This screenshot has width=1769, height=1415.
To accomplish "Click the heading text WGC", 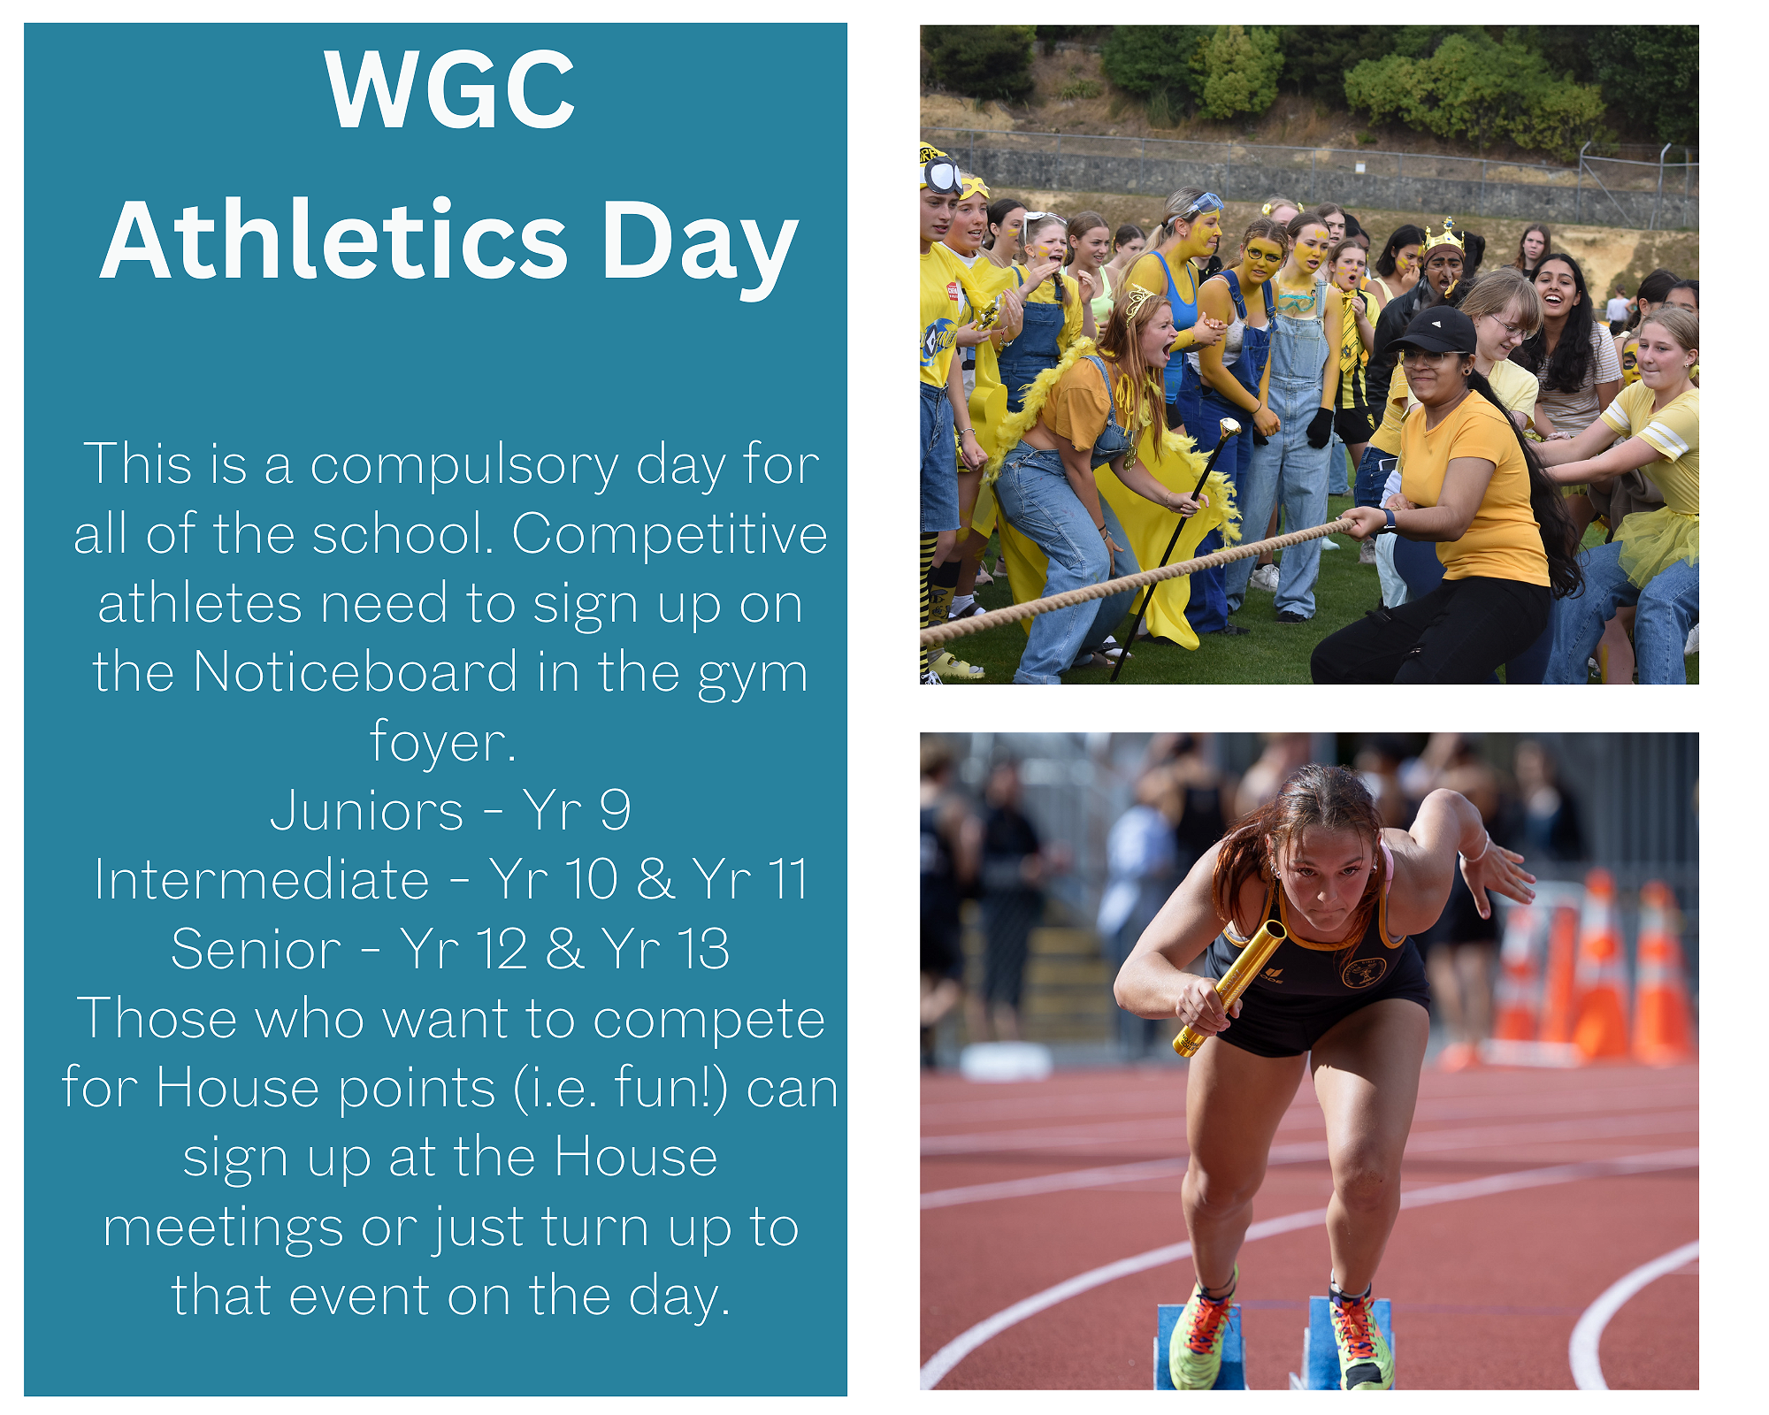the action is click(x=449, y=89).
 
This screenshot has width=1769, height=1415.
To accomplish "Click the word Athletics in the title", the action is click(x=333, y=241).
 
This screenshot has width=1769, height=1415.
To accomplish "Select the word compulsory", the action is click(x=463, y=466).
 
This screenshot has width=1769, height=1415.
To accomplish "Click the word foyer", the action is click(x=442, y=742).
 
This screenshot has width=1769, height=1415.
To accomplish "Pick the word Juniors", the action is click(x=366, y=811).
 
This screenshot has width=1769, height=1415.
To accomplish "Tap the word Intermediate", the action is click(x=262, y=880).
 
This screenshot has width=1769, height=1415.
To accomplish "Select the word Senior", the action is click(x=257, y=949).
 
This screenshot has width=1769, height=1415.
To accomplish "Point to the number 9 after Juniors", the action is click(x=615, y=810).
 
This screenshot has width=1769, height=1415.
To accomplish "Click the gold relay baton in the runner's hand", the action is click(x=1229, y=988).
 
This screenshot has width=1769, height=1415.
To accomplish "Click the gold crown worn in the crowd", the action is click(x=1444, y=236).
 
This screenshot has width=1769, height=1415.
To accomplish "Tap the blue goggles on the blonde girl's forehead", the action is click(x=1205, y=205).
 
